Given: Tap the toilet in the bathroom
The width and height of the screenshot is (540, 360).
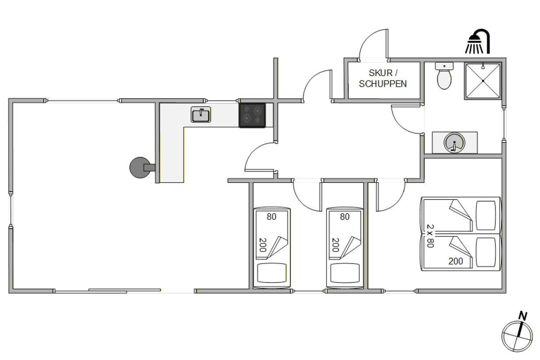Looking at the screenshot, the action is pyautogui.click(x=444, y=76).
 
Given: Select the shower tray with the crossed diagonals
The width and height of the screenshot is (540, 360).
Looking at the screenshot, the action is pyautogui.click(x=483, y=81).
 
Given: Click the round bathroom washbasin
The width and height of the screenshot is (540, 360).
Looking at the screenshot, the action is pyautogui.click(x=454, y=142).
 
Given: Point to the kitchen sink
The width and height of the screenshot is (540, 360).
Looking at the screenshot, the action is pyautogui.click(x=201, y=115).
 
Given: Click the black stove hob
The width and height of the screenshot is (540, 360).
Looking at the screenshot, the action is pyautogui.click(x=252, y=115).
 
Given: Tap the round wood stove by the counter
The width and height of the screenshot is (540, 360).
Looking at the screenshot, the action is pyautogui.click(x=140, y=168).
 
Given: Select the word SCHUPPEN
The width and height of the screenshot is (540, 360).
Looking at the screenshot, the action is pyautogui.click(x=383, y=84).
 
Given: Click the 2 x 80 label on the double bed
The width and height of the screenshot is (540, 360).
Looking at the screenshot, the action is pyautogui.click(x=430, y=236).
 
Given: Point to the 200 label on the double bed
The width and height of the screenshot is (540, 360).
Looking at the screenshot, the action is pyautogui.click(x=456, y=261).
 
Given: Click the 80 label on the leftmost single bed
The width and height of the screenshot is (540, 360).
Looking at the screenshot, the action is pyautogui.click(x=271, y=217).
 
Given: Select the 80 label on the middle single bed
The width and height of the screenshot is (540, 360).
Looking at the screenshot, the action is pyautogui.click(x=345, y=217).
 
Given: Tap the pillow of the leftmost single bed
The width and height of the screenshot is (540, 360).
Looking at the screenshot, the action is pyautogui.click(x=272, y=273).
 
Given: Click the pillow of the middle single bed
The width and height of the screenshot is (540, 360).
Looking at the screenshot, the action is pyautogui.click(x=345, y=273).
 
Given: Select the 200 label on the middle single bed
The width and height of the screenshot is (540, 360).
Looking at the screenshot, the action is pyautogui.click(x=336, y=245).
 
